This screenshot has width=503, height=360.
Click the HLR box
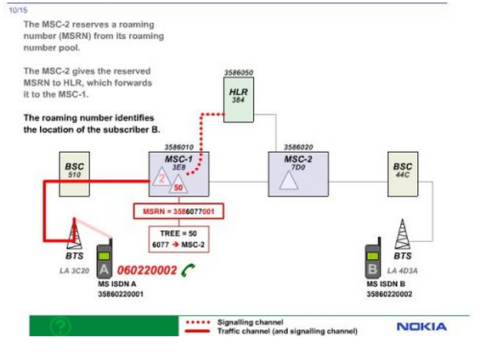point(239,99)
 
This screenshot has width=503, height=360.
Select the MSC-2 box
point(298,174)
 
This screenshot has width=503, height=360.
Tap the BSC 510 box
point(75,174)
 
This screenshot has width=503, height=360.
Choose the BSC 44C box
point(403,174)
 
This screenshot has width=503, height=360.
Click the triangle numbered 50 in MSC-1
point(178,186)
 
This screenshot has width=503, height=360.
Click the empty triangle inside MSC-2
point(289,181)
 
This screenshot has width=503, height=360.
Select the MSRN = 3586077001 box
point(178,211)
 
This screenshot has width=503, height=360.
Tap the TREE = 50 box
point(178,239)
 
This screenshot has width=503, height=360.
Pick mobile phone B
point(373,259)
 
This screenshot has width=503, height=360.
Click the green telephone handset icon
point(188,270)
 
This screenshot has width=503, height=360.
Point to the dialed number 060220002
point(147,270)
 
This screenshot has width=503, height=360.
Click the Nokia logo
point(421,327)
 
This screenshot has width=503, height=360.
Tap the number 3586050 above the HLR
point(239,73)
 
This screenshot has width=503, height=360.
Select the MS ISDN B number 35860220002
point(389,294)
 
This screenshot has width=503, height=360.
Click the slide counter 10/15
point(18,10)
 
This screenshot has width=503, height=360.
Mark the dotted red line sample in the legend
point(198,322)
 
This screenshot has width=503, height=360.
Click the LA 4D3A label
point(402,271)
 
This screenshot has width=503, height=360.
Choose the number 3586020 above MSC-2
point(298,147)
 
